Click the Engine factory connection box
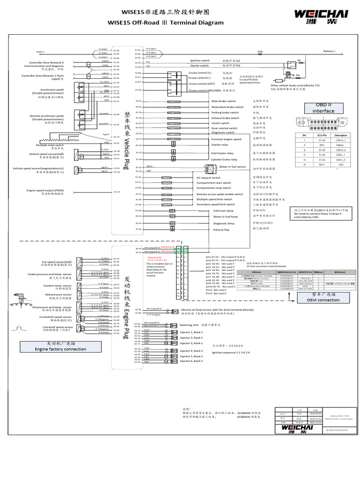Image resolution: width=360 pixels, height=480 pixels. click(x=61, y=346)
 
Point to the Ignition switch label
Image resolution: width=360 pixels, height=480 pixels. click(x=200, y=60)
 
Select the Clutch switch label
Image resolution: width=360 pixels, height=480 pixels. click(x=220, y=123)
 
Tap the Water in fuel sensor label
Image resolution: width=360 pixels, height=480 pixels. click(x=232, y=167)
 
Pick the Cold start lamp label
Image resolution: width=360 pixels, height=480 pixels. click(x=223, y=211)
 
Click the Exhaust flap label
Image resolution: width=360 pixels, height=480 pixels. click(x=222, y=230)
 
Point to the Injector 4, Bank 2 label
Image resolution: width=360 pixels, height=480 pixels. click(x=191, y=351)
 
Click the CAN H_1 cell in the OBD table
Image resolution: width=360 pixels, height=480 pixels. click(x=339, y=140)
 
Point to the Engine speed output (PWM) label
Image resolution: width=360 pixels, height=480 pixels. click(x=42, y=190)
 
